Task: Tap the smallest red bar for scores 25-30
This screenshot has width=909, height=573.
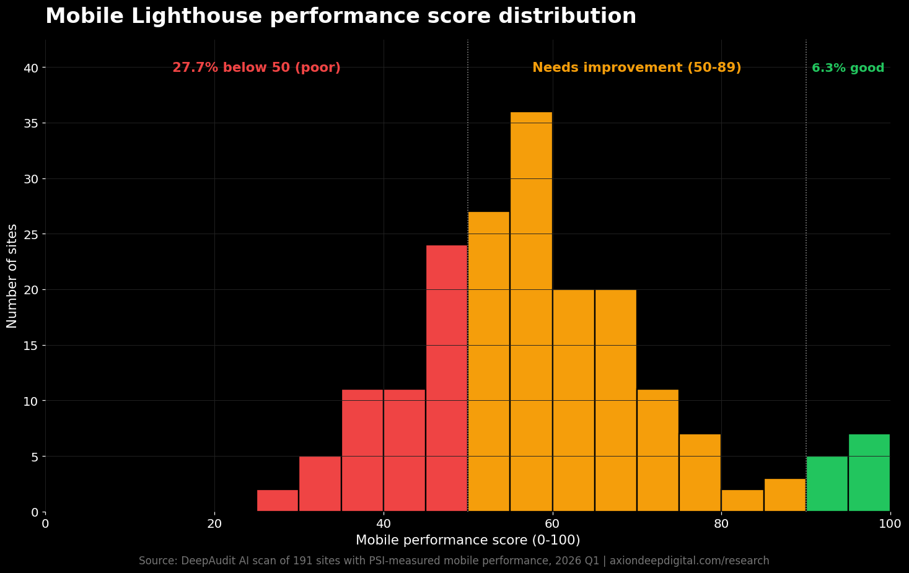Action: coord(278,501)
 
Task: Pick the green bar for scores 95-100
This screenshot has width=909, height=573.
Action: coord(869,473)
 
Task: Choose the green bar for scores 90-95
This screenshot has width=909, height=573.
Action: coord(827,484)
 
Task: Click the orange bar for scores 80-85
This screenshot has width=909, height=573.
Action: coord(742,501)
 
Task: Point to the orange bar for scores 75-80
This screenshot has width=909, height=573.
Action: coord(700,473)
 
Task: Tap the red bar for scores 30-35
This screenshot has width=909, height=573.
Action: coord(320,484)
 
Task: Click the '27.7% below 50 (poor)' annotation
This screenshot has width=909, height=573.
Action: coord(256,68)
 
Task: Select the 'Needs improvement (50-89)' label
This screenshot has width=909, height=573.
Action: coord(636,68)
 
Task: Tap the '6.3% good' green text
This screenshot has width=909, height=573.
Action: coord(848,68)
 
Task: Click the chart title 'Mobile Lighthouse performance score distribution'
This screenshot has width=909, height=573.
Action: coord(341,16)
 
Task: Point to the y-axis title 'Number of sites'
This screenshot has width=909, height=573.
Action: coord(12,276)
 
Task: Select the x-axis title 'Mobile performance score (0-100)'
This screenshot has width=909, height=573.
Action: coord(468,540)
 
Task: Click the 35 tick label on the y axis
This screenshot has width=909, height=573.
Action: coord(30,123)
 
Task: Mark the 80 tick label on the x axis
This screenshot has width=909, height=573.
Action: coord(721,524)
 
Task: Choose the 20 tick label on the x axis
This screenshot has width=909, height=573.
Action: coord(214,524)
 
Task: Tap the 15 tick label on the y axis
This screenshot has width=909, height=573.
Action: coord(30,346)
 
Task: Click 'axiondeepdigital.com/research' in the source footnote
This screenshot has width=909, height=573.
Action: coord(689,561)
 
